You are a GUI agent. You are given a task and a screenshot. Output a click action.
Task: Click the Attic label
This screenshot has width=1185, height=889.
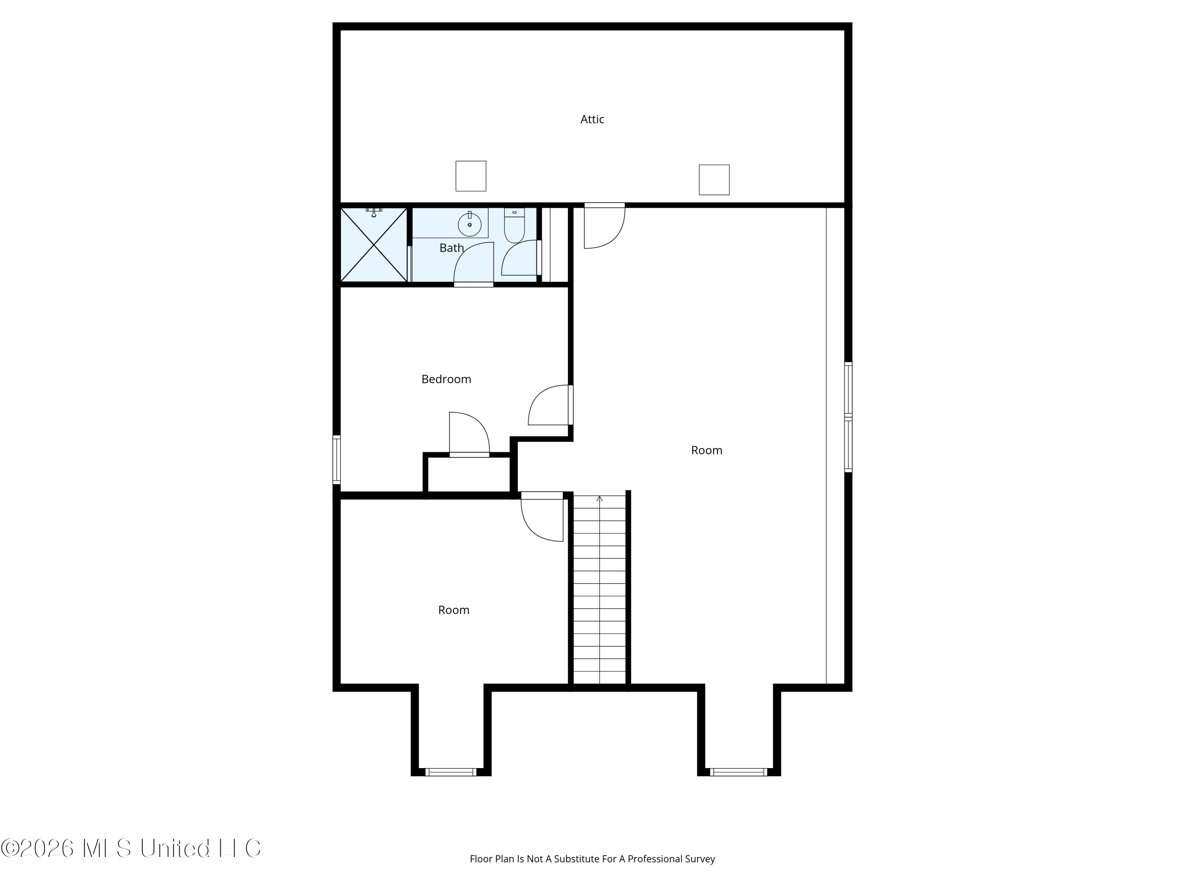click(x=592, y=119)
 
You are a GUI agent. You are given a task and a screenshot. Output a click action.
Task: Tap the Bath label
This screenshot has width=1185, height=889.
click(x=451, y=248)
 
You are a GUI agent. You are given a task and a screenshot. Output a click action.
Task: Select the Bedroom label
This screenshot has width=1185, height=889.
click(x=446, y=379)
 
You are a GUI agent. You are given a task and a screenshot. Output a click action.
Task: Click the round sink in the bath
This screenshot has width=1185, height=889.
click(x=469, y=224)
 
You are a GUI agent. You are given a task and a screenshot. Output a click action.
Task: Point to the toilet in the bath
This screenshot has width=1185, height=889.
click(x=514, y=225)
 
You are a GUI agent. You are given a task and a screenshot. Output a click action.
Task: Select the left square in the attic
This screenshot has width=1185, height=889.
click(x=471, y=176)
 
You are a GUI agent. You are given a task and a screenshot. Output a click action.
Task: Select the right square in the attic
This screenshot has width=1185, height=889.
click(x=714, y=179)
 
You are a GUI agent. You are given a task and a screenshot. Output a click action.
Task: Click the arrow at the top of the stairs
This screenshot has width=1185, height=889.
click(x=600, y=499)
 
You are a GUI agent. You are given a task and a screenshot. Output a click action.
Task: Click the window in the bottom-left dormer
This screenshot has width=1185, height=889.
click(x=451, y=772)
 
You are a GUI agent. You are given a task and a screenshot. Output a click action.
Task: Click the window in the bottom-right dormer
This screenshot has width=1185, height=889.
click(x=738, y=772)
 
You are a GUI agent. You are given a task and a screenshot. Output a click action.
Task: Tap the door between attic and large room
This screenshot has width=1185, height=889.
click(x=604, y=225)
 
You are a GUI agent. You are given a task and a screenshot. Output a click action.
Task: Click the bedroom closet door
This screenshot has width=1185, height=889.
click(x=469, y=435)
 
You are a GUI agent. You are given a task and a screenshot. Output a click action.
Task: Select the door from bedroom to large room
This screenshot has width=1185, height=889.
click(x=551, y=405)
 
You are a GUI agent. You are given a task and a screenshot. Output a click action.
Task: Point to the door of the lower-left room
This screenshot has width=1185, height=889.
click(x=542, y=516)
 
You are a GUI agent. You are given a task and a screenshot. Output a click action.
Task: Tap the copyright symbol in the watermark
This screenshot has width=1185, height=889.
click(x=9, y=848)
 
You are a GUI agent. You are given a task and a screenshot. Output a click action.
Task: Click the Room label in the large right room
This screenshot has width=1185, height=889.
click(x=707, y=450)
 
